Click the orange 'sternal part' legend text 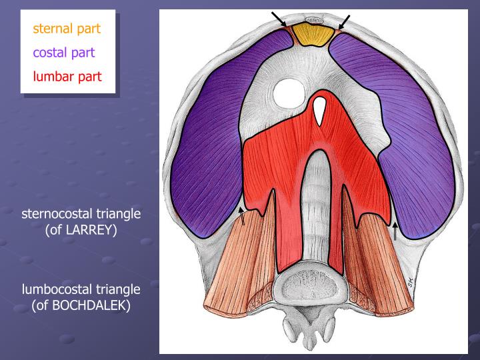(x=67, y=29)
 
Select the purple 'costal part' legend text (x=64, y=52)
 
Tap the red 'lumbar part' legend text (x=67, y=76)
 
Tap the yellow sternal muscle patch (x=314, y=34)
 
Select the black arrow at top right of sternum (x=344, y=22)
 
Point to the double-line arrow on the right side (x=395, y=230)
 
